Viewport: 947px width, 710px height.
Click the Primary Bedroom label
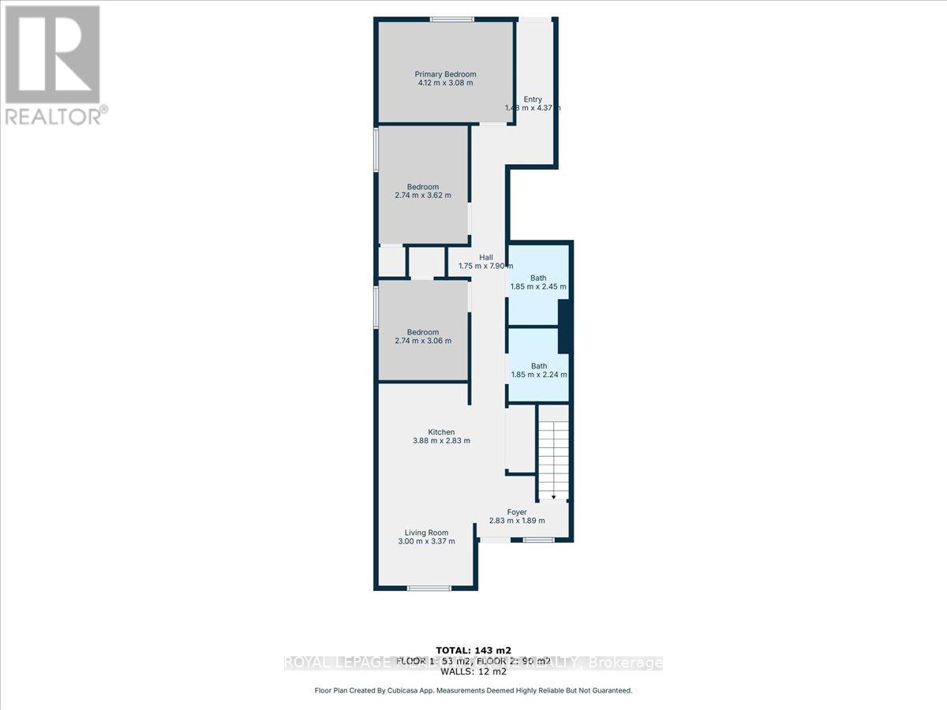446,74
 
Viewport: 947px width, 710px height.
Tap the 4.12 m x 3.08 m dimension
446,83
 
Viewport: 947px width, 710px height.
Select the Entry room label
533,99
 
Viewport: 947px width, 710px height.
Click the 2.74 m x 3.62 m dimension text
423,196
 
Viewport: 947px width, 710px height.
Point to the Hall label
486,257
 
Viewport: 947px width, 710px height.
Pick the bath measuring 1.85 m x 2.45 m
538,282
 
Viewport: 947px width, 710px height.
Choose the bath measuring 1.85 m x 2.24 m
538,371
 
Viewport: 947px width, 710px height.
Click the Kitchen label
441,432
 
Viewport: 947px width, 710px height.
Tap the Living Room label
427,532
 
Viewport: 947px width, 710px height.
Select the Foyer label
517,512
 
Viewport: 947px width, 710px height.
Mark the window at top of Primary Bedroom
447,20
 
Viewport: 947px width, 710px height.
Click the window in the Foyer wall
538,540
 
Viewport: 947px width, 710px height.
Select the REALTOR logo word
54,116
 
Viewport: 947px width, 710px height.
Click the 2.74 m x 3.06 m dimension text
423,341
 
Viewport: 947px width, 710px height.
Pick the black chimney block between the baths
563,328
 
